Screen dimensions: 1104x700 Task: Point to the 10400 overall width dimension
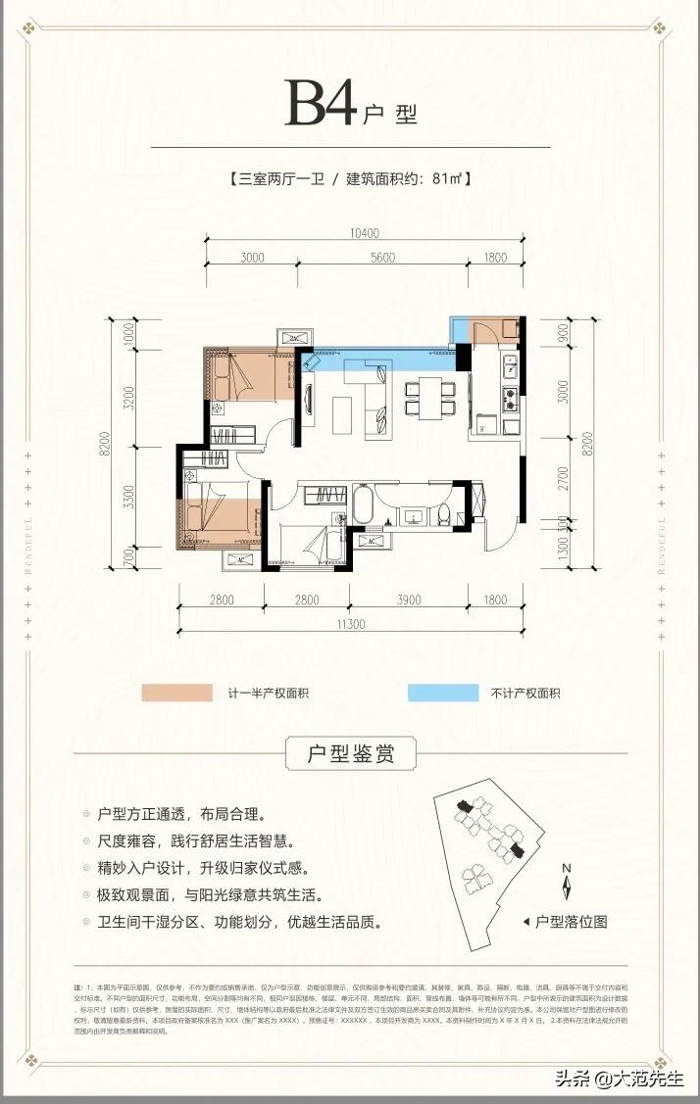(363, 234)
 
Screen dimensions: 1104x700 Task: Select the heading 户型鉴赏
(350, 755)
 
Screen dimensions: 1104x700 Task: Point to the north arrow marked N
(567, 882)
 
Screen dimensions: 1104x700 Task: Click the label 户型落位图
(571, 922)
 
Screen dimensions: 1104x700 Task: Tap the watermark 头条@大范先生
(621, 1080)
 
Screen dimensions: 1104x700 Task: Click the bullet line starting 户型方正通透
(182, 815)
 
